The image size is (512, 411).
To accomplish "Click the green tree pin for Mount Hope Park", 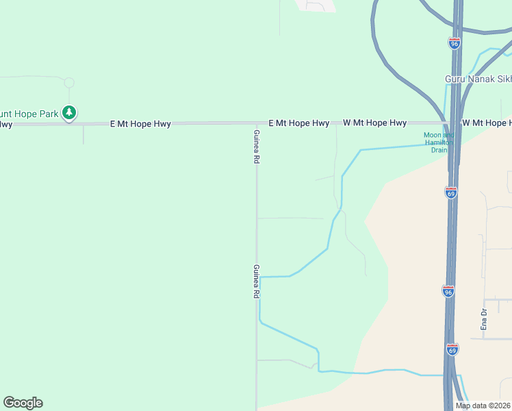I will pos(68,112).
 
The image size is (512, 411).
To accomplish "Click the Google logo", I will pos(23,403).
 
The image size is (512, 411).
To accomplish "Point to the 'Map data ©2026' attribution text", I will pos(483,406).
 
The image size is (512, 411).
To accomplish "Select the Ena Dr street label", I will pos(484,320).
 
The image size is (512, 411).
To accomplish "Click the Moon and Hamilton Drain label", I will pos(439,142).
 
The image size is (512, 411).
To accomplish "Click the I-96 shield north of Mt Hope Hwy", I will pos(455,42).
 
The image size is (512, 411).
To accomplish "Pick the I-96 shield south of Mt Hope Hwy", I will pos(448,291).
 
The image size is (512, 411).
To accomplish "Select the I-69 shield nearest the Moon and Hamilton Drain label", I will pos(450,192).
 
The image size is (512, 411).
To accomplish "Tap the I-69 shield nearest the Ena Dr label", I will pos(452,349).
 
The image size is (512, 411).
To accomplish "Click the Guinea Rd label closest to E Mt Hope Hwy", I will pos(257,146).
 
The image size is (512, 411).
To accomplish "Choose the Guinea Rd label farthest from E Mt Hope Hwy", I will pos(257,281).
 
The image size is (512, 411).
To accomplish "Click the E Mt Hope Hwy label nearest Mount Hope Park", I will pos(140,124).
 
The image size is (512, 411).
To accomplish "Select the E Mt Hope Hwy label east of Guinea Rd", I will pos(298,123).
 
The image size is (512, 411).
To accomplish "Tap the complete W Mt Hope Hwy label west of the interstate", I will pos(374,123).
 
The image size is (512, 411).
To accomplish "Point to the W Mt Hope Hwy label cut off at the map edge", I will pos(487,123).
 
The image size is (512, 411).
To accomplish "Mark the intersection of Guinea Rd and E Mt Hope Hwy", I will pos(257,124).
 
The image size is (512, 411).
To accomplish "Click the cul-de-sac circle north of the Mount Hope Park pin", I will pos(68,83).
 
